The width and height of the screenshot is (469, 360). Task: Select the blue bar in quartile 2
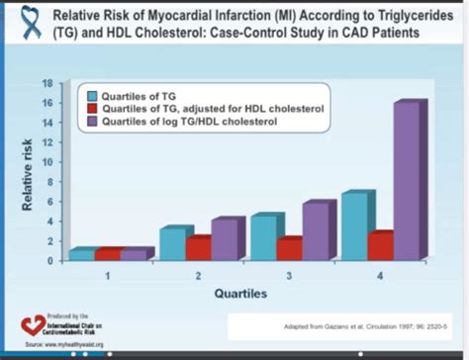(x=172, y=244)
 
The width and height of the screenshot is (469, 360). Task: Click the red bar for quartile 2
(x=198, y=249)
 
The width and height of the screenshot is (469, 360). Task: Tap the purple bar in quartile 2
(x=225, y=240)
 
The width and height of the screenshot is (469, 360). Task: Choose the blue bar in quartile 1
(x=81, y=255)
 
